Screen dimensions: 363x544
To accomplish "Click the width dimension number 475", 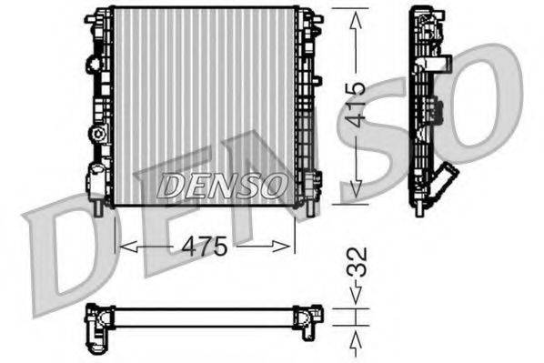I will (x=207, y=247).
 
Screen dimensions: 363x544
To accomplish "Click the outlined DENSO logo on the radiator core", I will (x=222, y=186).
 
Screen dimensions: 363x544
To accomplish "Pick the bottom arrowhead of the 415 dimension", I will (x=358, y=194).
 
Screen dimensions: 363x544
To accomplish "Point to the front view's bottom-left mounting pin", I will (x=97, y=208).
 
